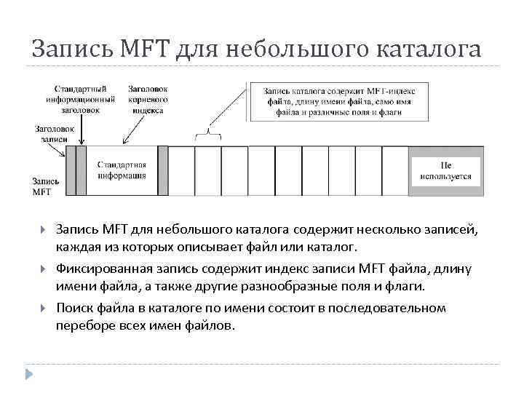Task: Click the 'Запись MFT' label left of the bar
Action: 43,186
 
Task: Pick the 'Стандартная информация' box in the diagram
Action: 122,170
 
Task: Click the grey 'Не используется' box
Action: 445,170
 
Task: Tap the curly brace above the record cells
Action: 208,133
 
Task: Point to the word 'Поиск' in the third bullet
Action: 74,308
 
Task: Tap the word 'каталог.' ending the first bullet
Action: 333,248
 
